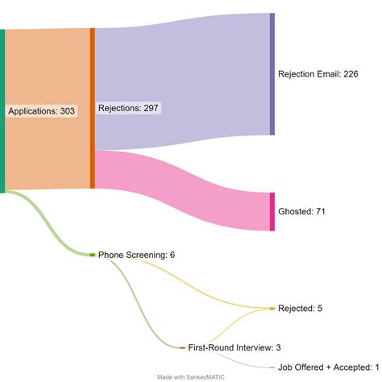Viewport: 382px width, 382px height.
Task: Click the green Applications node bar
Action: [x=2, y=111]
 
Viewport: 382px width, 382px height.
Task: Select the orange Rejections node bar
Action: [x=93, y=108]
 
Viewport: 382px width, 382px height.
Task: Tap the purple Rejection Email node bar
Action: [x=272, y=73]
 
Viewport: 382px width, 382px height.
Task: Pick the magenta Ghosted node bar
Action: [x=272, y=211]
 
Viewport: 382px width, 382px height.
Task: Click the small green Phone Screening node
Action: [x=93, y=255]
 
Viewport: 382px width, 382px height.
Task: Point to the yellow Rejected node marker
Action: [x=272, y=309]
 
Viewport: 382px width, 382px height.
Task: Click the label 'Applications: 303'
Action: [x=42, y=111]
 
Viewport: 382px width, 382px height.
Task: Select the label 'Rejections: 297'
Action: [x=129, y=108]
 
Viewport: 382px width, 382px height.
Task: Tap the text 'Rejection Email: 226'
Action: [x=318, y=74]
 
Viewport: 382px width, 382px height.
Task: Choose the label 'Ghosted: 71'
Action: [x=302, y=212]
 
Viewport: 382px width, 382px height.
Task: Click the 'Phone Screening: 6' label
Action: [x=136, y=255]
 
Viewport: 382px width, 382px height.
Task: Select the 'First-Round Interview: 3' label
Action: [x=234, y=347]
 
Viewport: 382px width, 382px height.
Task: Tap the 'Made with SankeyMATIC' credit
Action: [x=191, y=376]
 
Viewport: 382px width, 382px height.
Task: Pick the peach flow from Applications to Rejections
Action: [x=48, y=64]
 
